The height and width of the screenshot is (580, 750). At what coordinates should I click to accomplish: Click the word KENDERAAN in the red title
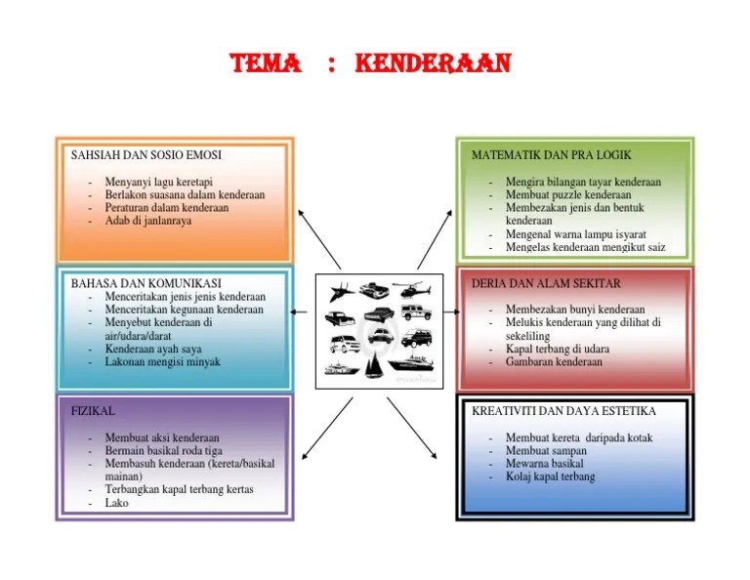point(433,64)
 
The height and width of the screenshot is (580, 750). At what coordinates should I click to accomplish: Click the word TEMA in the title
point(265,64)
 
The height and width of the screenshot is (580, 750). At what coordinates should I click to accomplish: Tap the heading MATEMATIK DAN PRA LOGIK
point(552,155)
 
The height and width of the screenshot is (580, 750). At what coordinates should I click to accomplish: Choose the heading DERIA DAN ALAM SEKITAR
point(546,283)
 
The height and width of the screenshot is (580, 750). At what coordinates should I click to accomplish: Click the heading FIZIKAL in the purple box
point(94,412)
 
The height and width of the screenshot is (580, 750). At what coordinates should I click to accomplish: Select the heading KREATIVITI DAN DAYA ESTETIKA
point(563,411)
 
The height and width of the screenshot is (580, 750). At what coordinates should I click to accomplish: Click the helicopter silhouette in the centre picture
point(411,290)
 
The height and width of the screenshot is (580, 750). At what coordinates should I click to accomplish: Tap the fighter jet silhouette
point(337,290)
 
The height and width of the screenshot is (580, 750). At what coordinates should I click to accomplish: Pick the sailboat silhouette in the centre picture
point(373,366)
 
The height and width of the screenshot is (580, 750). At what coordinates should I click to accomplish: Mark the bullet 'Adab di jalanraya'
point(148,221)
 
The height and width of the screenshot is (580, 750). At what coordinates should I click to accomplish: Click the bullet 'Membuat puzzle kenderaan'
point(568,195)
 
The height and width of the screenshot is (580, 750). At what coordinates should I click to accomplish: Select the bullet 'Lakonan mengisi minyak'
point(162,361)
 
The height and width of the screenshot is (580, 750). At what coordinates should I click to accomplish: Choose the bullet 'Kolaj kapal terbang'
point(550,477)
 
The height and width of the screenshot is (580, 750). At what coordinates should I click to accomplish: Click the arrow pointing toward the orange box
point(319,237)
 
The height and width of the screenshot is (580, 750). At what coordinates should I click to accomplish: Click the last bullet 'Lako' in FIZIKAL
point(116,504)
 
